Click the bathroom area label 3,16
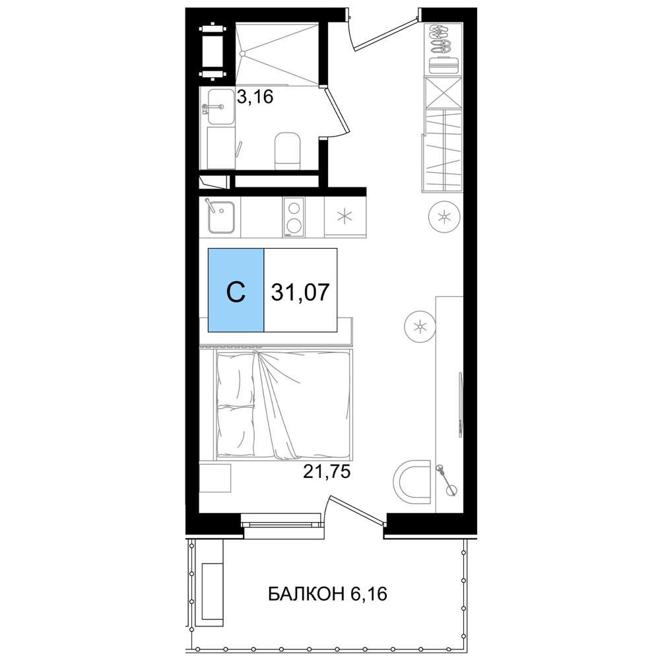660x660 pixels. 255,97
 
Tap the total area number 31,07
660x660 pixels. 300,292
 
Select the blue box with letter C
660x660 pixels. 236,290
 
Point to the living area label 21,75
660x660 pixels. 327,472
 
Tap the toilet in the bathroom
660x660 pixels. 288,151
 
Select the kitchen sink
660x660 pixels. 221,217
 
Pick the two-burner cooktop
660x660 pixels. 294,218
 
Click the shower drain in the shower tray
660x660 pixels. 242,53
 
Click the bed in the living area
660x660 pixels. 284,404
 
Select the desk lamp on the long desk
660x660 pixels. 446,479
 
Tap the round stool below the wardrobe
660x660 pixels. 444,217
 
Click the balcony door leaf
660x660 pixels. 358,511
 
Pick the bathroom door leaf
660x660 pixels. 337,109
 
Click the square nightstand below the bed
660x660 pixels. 214,478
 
